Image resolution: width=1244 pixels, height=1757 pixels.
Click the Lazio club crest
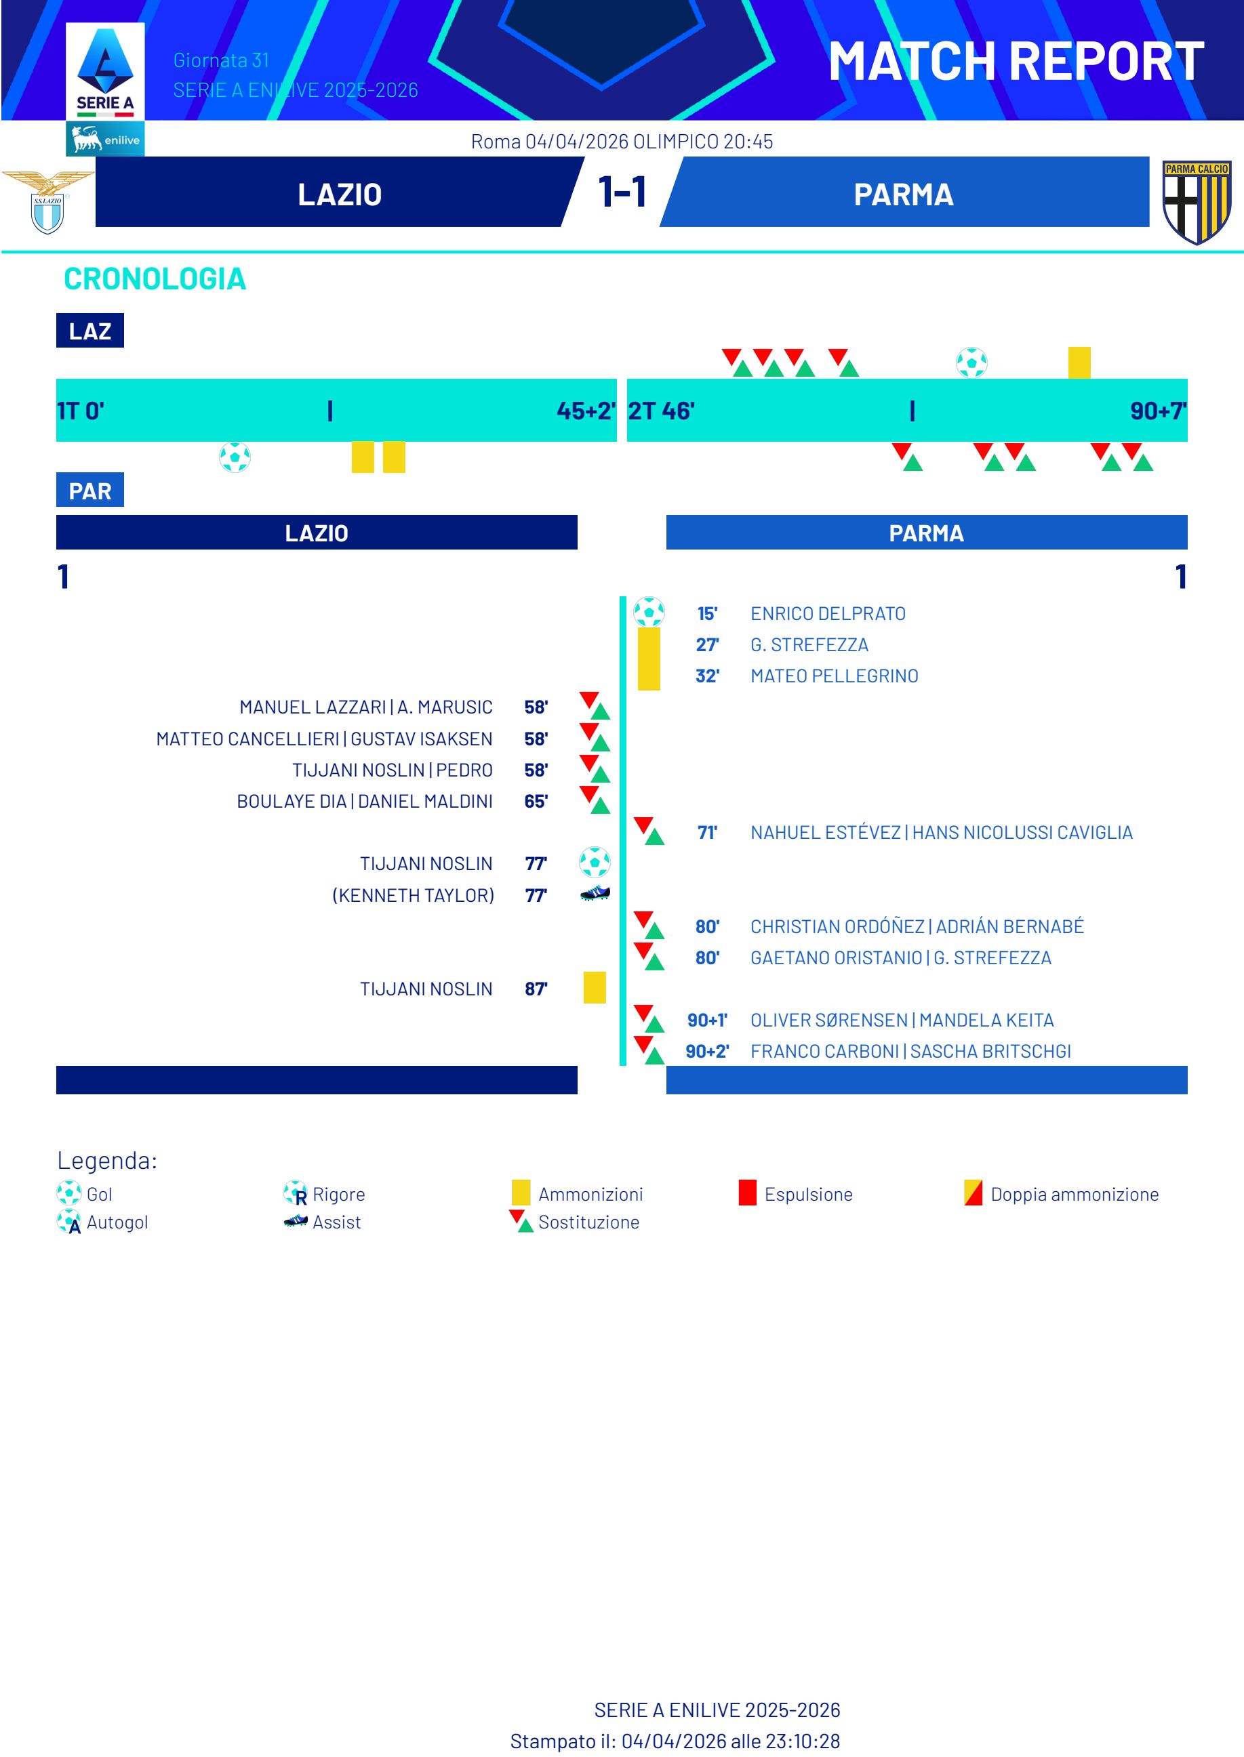point(47,202)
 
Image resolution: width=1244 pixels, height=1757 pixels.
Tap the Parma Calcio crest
point(1196,202)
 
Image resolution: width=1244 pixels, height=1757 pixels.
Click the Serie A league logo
point(105,73)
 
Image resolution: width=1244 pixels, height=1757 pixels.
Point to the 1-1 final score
point(622,192)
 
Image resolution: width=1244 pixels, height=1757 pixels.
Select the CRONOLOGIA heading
point(155,278)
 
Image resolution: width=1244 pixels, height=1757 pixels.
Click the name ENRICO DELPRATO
point(827,613)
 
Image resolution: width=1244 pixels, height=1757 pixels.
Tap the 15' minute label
point(707,613)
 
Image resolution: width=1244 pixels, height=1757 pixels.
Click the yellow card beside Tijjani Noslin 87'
point(595,988)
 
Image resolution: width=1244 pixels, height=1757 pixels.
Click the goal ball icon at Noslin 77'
point(595,862)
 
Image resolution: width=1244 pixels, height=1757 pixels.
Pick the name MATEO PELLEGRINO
point(834,676)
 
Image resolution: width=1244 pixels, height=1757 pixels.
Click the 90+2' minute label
point(707,1051)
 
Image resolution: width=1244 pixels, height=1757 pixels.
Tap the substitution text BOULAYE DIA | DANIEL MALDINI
point(365,801)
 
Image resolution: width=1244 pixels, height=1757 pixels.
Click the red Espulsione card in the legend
point(748,1193)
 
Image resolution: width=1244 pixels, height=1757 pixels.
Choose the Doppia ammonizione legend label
point(1074,1195)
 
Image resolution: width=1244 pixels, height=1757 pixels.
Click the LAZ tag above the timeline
point(89,331)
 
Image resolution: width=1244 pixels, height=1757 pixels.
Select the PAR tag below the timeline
point(89,491)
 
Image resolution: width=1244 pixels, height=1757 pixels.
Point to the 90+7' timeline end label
point(1157,411)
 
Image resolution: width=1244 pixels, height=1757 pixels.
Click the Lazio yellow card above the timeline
point(1079,362)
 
